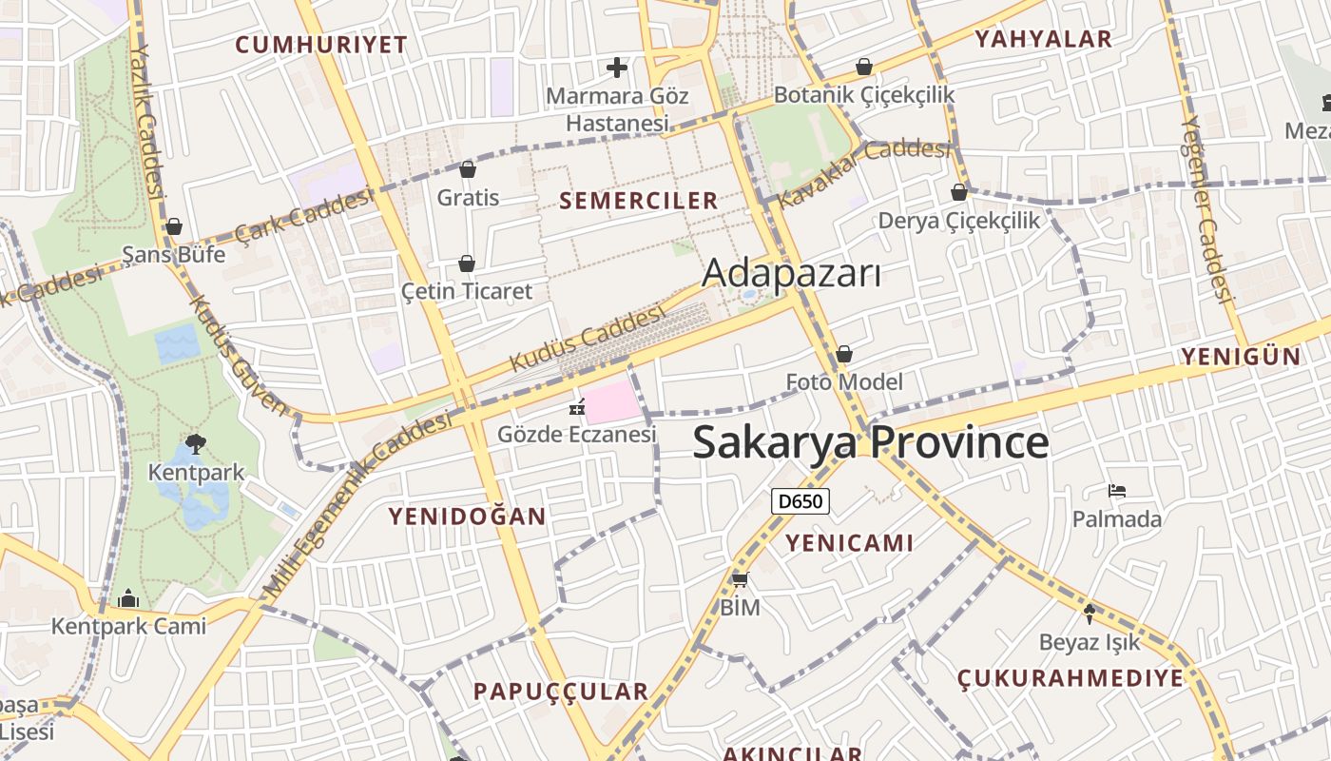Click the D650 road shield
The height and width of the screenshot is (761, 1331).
point(801,501)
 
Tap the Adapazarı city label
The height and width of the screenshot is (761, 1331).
point(791,274)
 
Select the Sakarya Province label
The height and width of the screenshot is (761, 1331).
point(870,443)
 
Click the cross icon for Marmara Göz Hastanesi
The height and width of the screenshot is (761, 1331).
point(617,68)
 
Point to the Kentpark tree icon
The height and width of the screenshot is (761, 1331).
point(196,443)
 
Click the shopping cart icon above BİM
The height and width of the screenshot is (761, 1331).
point(740,578)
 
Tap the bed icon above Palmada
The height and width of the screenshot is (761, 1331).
point(1117,491)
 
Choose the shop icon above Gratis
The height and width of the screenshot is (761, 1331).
point(467,169)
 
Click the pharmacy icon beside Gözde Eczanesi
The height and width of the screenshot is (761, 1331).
point(576,407)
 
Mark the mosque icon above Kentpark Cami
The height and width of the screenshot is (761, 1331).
point(128,598)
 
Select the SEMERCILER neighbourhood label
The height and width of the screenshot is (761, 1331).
point(639,201)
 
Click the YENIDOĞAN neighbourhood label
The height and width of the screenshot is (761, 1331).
point(467,517)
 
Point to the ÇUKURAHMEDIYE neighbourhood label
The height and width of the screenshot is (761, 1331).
point(1071,678)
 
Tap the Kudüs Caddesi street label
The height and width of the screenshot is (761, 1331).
point(588,339)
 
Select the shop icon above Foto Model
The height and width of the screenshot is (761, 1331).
point(844,355)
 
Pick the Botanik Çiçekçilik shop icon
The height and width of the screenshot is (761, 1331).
point(864,67)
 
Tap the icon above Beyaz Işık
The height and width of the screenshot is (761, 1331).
point(1090,614)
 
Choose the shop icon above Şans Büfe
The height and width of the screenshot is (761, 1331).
point(173,226)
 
